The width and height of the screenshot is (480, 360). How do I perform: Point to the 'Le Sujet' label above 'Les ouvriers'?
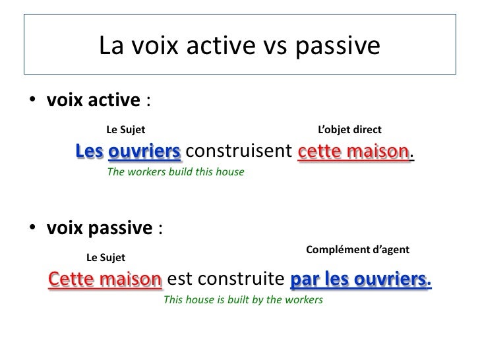coord(127,130)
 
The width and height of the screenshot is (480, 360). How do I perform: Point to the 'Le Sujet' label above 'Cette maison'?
coord(105,256)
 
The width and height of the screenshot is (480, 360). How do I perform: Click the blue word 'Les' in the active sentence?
coord(89,152)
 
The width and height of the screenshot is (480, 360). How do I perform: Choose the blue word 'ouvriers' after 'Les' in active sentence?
coord(144,152)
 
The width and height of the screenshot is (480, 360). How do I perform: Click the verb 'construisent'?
coord(240,152)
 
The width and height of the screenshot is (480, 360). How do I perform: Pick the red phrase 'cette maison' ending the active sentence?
coord(354,152)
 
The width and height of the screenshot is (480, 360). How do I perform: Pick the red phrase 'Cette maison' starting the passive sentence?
coord(105,279)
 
